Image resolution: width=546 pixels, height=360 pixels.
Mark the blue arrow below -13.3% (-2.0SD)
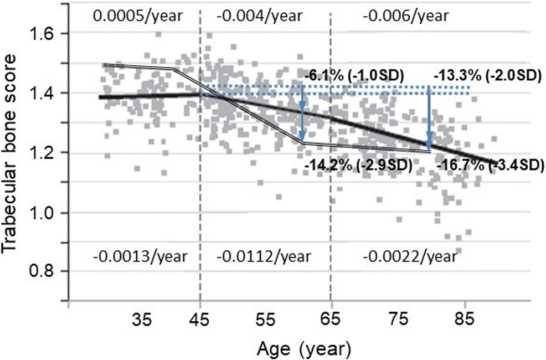tap(429, 116)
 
